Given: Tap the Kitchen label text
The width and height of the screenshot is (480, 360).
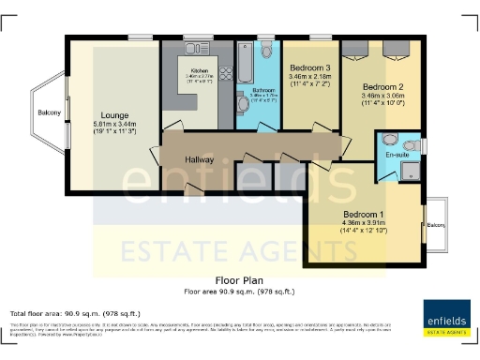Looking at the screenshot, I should coord(200,70).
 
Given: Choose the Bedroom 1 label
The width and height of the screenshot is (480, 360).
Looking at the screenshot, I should coord(369,214).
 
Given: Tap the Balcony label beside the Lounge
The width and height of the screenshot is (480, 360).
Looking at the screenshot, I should coord(50,113).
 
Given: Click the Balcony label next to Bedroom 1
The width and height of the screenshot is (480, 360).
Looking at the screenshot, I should coord(436,225).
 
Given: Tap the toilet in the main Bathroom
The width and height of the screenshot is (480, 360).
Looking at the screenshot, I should coord(267,49).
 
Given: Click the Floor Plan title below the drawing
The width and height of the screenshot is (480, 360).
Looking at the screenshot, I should coord(240,280).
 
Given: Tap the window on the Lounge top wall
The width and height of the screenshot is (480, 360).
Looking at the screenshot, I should coord(142,37).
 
